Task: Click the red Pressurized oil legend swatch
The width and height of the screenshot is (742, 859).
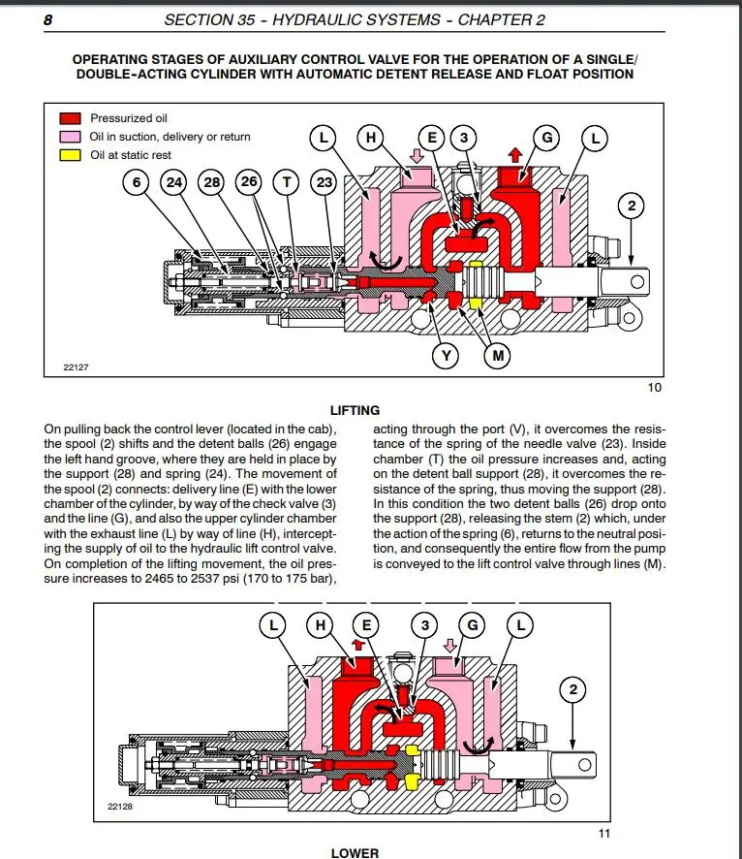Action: (71, 118)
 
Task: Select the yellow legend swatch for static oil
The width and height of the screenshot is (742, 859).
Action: (71, 155)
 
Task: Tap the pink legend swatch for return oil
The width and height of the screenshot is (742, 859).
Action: (71, 137)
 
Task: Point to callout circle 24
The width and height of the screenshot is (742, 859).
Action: (174, 182)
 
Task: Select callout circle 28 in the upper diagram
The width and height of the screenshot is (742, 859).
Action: (211, 182)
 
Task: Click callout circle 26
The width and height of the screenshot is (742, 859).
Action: (248, 182)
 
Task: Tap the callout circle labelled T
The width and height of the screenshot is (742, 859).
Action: (286, 182)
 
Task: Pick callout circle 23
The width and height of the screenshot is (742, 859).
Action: (324, 182)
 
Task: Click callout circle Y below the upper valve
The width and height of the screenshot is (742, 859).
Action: (446, 356)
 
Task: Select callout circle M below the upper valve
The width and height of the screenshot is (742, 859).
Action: (498, 356)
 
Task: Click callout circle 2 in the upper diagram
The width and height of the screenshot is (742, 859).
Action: (633, 206)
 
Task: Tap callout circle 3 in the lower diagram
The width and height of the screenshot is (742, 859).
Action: (424, 626)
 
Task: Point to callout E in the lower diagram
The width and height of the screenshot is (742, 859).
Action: (365, 626)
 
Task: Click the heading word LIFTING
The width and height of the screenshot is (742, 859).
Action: (355, 410)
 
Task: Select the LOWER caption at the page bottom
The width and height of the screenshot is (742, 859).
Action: (355, 853)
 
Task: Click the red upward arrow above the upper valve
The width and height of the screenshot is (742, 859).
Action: (515, 154)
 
